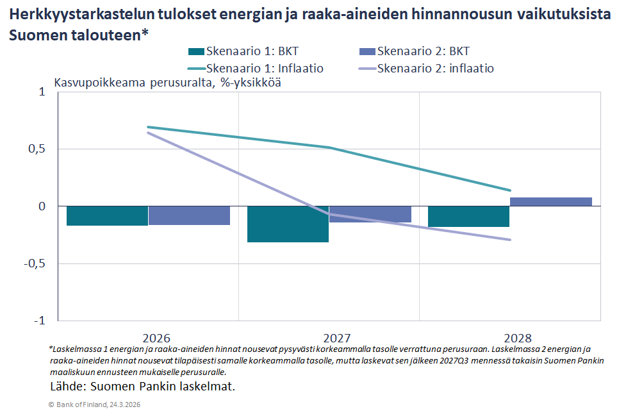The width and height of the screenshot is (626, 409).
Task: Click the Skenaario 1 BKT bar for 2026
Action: point(108,216)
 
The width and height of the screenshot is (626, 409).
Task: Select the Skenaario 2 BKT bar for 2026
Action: point(189,215)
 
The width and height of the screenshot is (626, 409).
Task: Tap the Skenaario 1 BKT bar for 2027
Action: point(288,224)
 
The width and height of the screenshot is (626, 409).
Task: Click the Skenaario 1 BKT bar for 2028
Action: point(468,217)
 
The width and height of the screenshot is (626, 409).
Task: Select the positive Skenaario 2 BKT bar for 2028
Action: point(550,201)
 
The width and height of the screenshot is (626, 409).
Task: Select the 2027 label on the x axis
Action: point(328,338)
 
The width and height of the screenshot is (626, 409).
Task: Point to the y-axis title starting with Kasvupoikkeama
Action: point(167,83)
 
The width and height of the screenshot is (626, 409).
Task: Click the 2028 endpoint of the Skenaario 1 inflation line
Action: point(510,190)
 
